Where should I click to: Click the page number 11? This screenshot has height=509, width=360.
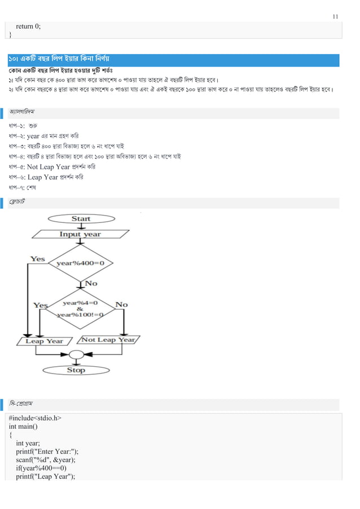336,16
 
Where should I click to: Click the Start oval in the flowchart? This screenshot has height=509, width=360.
81,218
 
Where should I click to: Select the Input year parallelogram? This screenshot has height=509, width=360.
80,234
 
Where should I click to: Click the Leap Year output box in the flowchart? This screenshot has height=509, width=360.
45,341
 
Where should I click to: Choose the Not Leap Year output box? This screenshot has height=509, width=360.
108,340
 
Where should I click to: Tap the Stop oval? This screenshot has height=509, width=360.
76,370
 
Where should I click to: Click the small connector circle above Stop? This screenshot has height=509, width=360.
76,354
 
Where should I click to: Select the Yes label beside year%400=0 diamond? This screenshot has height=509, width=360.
37,259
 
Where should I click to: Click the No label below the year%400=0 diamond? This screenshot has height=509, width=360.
90,283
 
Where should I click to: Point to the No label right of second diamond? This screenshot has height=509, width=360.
121,305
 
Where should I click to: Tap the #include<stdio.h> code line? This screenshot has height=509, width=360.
36,418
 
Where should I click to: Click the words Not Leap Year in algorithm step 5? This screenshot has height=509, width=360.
49,167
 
